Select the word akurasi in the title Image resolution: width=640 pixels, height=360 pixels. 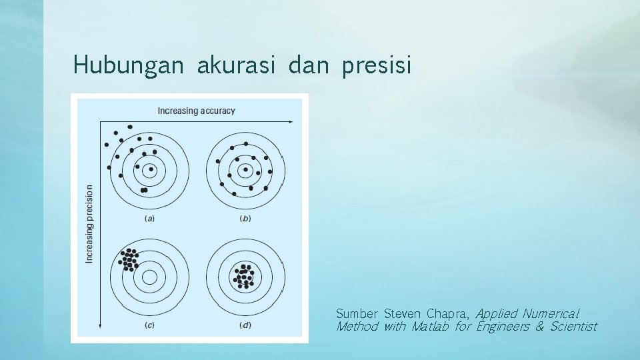236,65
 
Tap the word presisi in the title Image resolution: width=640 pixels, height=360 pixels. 377,65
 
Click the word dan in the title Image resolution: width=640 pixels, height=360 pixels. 309,65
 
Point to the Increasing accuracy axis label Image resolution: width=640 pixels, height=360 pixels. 196,111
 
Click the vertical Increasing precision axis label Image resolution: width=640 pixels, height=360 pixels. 89,223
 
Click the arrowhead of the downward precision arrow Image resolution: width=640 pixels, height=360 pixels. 100,325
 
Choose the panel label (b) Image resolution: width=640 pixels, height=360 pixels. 245,218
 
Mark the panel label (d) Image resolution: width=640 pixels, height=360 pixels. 245,325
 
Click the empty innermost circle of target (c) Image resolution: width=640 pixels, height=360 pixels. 150,276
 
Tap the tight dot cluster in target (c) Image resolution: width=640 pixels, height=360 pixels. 129,259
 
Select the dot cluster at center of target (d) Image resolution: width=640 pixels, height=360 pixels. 245,276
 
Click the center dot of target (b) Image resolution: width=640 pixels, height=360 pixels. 245,170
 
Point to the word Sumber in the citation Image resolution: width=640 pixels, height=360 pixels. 357,313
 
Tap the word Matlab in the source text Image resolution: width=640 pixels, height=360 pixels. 430,327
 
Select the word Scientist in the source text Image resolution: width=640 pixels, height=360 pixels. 573,327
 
